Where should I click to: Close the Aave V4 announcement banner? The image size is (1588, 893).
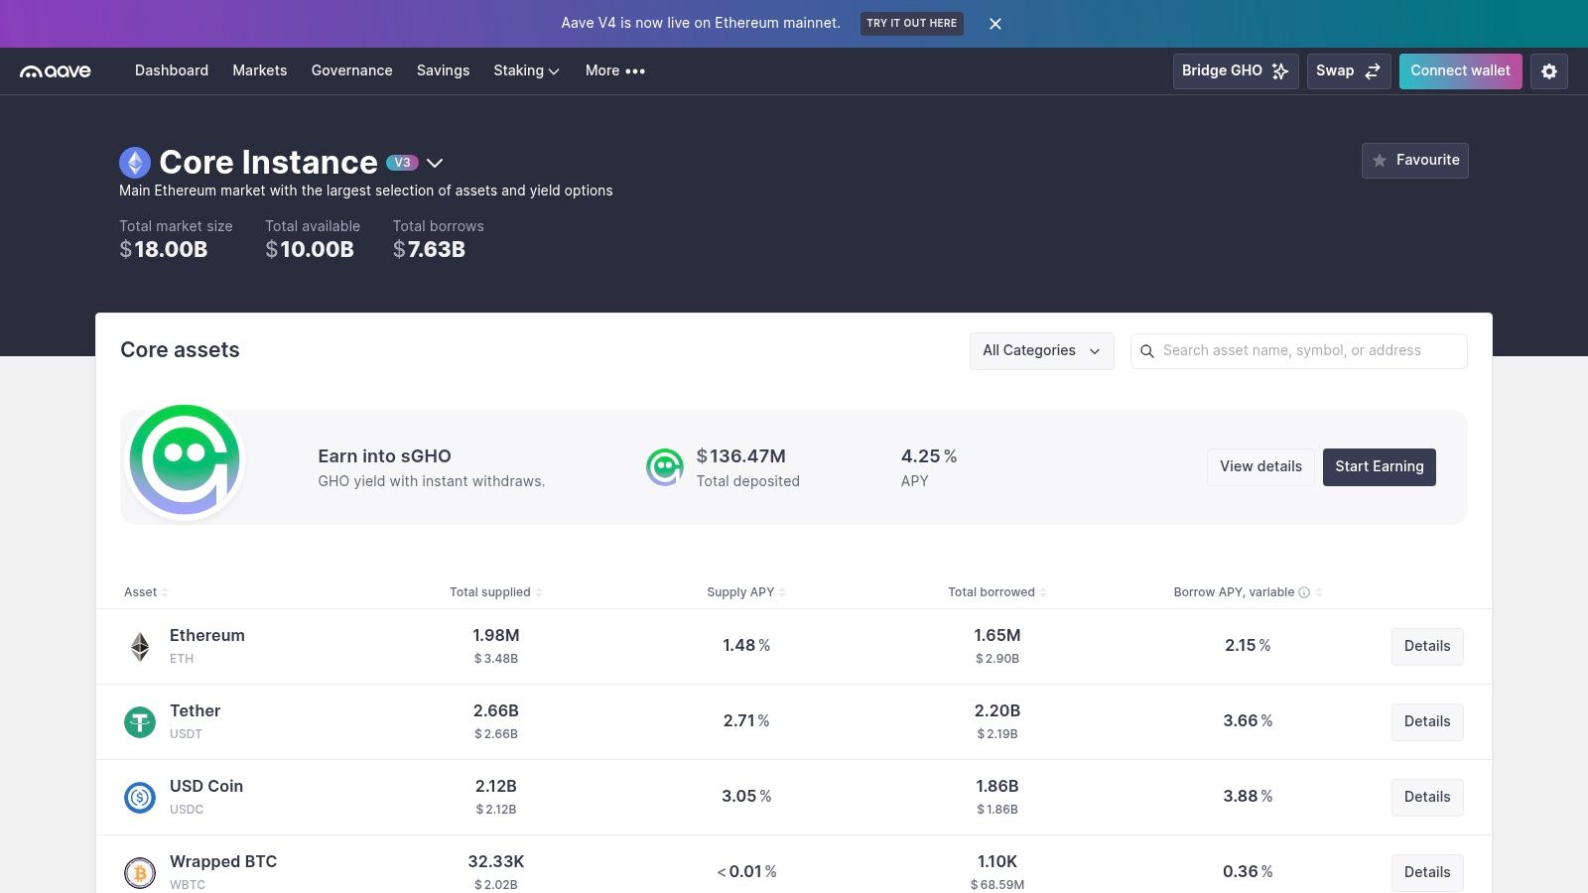click(x=995, y=24)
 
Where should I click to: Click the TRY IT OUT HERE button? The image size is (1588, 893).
click(x=912, y=24)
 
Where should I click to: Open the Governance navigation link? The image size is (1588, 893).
click(x=351, y=70)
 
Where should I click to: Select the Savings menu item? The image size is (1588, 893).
click(x=443, y=70)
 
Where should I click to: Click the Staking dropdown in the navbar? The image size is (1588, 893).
click(x=527, y=70)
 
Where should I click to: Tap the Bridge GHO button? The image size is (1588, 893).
click(x=1236, y=70)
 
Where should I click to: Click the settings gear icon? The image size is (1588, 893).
click(x=1549, y=70)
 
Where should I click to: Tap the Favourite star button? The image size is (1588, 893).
click(x=1415, y=160)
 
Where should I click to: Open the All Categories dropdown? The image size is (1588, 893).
click(x=1041, y=351)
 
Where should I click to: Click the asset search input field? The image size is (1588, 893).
click(x=1299, y=351)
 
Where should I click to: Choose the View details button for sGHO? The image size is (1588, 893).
click(x=1260, y=467)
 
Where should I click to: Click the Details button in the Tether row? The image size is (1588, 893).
click(x=1427, y=721)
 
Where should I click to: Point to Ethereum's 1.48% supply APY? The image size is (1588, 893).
click(x=745, y=646)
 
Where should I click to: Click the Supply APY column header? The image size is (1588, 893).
click(x=740, y=592)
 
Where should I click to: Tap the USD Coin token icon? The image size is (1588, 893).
click(x=140, y=798)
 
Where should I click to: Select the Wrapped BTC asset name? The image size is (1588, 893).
click(x=223, y=862)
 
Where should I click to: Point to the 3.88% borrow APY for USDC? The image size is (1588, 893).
click(x=1248, y=797)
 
